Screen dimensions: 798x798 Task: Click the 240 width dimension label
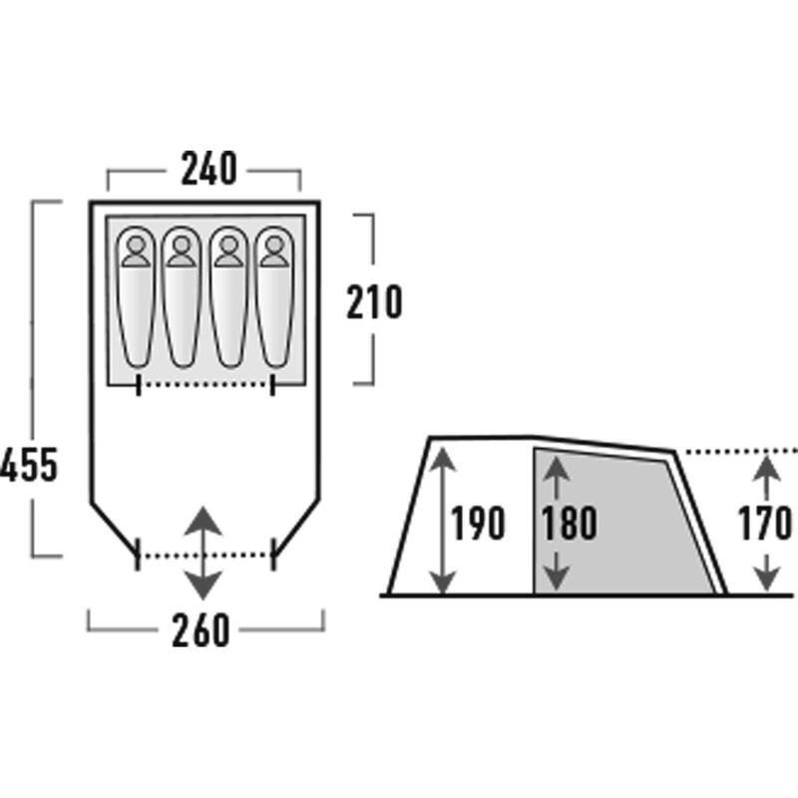coord(208,168)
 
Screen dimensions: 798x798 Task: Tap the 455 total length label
coord(29,465)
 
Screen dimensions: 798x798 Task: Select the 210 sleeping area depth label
coord(374,302)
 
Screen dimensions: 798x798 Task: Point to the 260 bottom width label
coord(200,630)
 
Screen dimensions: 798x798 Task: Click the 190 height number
coord(479,523)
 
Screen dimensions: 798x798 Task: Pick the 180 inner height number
coord(569,523)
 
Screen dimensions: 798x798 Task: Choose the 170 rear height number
coord(765,523)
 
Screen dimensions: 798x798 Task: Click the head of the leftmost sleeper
coord(136,244)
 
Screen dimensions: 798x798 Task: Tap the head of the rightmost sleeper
coord(274,244)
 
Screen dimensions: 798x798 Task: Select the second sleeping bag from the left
coord(182,296)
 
